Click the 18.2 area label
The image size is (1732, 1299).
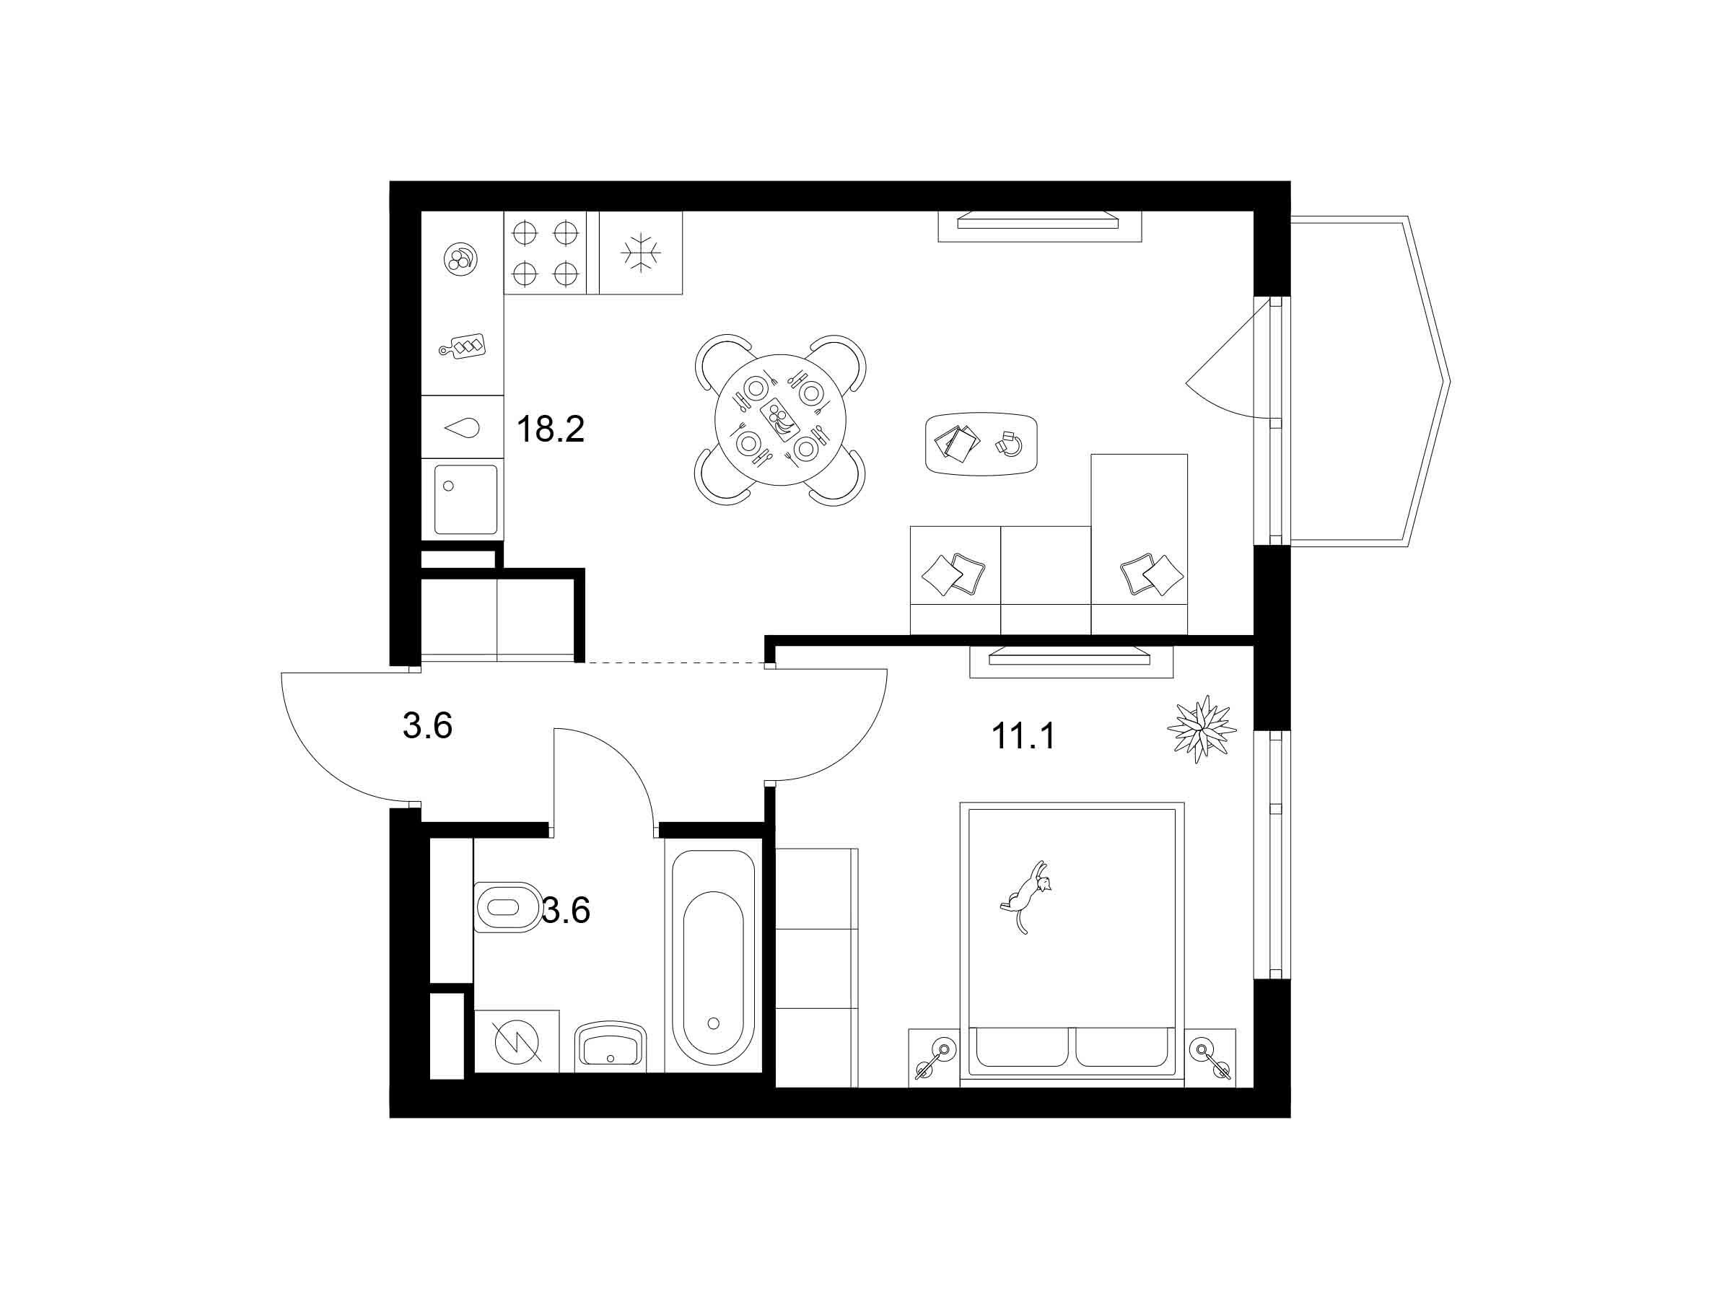pos(551,429)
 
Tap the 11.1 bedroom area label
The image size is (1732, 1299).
pos(1023,736)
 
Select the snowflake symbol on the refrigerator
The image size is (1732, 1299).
pos(642,253)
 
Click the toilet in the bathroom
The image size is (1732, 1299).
pos(507,908)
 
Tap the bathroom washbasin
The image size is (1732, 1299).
pos(611,1047)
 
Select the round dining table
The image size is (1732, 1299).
pos(782,421)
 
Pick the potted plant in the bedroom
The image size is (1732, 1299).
pos(1201,729)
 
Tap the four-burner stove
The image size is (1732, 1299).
pos(545,253)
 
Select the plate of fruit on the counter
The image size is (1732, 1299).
pos(460,259)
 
